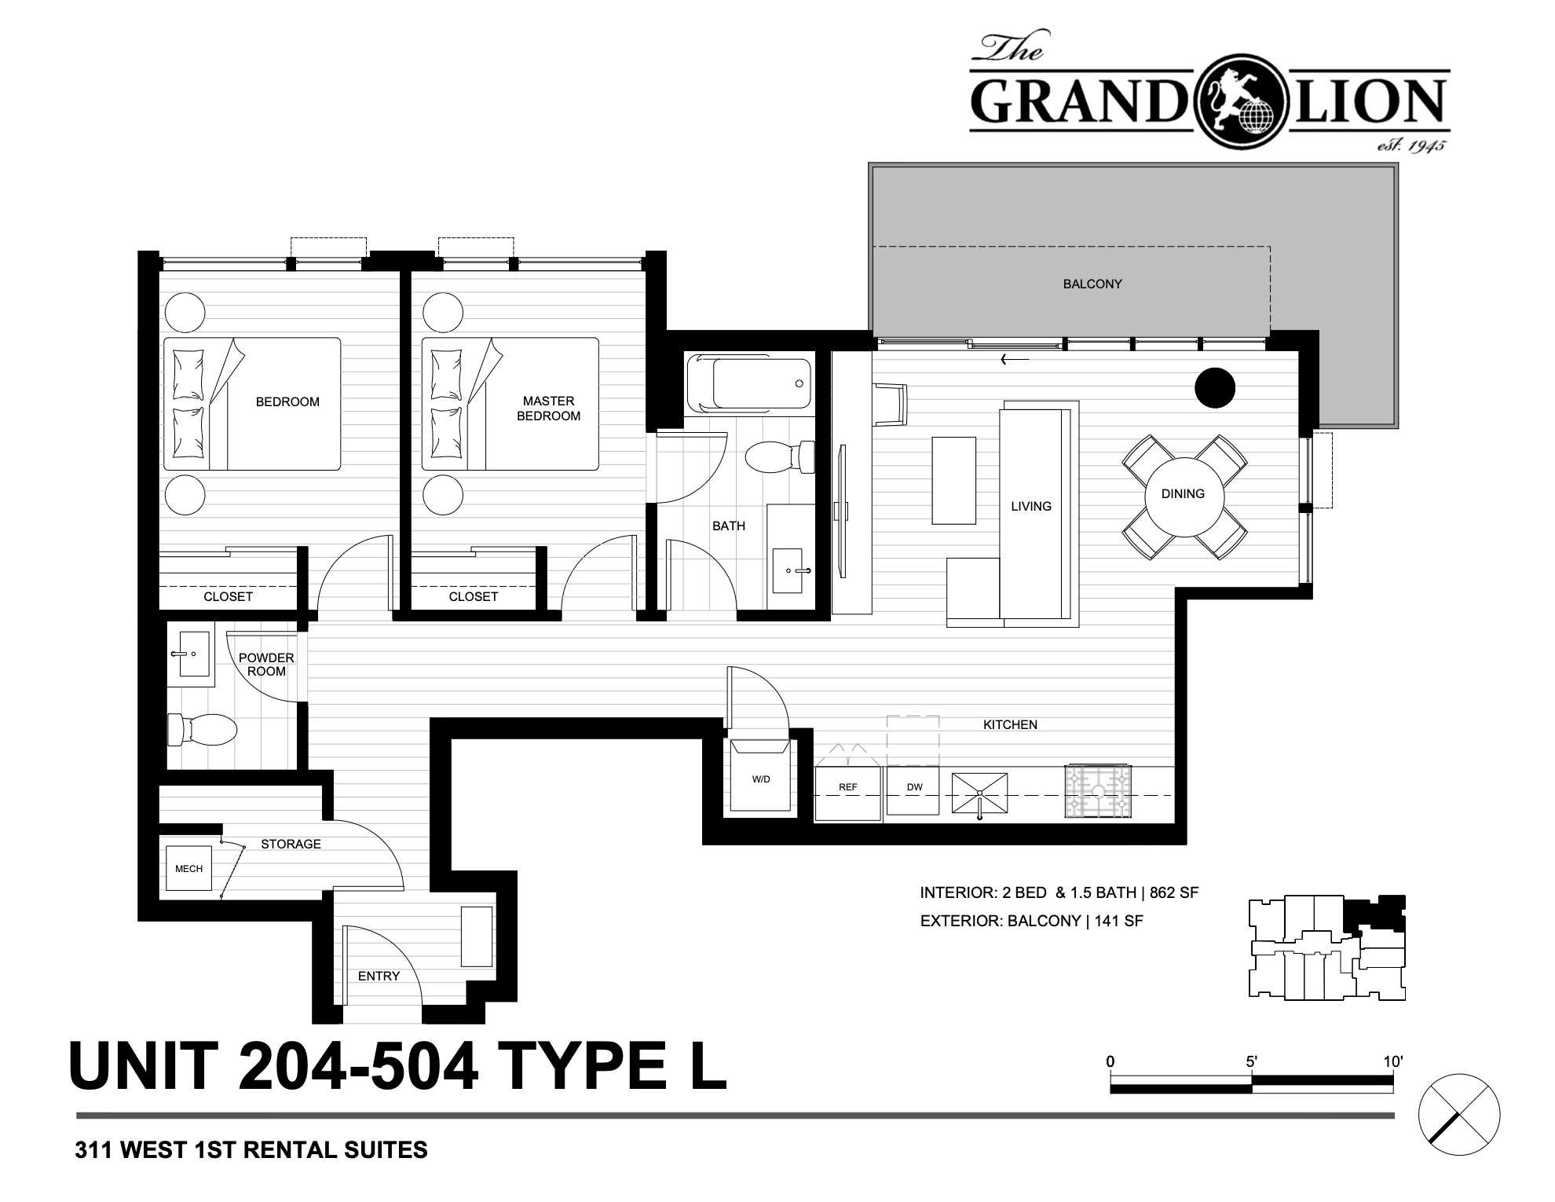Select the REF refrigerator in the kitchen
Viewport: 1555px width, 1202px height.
(847, 793)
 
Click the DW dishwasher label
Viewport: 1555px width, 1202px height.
(914, 787)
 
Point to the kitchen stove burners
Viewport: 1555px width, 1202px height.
(1098, 790)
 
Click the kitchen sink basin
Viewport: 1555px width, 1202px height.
(979, 793)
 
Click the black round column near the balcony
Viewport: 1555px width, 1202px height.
(1214, 387)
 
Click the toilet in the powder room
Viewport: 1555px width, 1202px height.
(202, 730)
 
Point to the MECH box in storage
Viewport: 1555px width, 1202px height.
(188, 868)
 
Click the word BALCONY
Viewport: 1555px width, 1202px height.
(1092, 284)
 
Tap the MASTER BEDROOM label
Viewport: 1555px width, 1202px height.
(548, 409)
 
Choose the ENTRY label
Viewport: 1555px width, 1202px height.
(379, 976)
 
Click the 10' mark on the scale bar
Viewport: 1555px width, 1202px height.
(1393, 1062)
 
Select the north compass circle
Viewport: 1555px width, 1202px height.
(1459, 1114)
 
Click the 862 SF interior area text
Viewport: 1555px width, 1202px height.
(1174, 892)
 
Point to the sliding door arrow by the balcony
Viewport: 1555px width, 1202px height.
(1015, 361)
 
